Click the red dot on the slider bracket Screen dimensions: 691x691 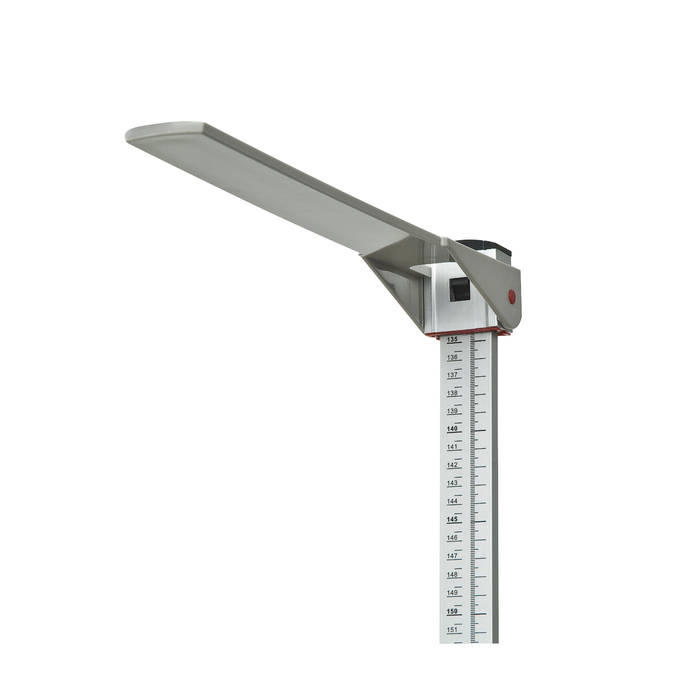point(512,296)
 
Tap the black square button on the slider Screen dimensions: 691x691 point(460,289)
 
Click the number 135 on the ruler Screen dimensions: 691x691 point(452,339)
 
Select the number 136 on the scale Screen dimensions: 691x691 point(452,357)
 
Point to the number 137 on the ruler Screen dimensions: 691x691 point(452,375)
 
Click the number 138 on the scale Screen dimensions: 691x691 point(452,393)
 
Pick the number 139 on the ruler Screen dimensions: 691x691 point(452,411)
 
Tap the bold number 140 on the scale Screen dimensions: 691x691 point(452,429)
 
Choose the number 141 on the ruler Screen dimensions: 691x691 point(452,447)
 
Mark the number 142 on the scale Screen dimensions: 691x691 point(452,465)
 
